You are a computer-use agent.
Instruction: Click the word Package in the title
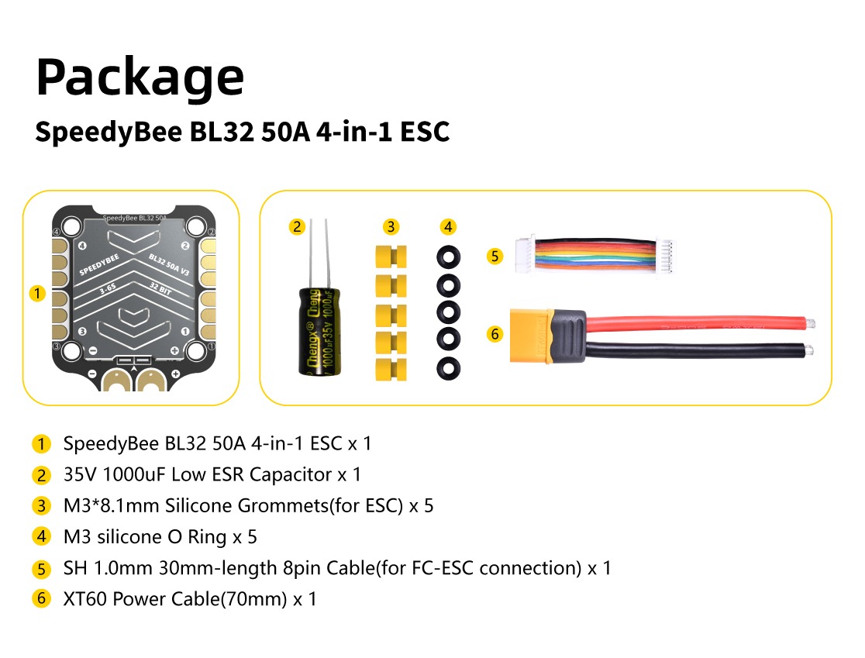coord(140,78)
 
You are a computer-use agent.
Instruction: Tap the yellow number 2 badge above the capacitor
coord(297,226)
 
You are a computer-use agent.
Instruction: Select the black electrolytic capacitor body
coord(319,332)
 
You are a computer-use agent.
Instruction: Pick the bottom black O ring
coord(448,368)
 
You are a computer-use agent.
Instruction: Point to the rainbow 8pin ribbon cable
coord(594,255)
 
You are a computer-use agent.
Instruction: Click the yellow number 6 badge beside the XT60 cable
coord(495,334)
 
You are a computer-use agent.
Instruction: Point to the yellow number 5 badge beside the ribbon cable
coord(495,256)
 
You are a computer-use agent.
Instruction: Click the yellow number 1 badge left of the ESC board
coord(37,293)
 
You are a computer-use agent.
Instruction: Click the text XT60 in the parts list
coord(85,599)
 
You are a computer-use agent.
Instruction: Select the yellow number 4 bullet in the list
coord(41,536)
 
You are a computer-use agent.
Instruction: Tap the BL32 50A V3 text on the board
coord(169,265)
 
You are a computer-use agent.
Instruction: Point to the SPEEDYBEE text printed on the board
coord(99,265)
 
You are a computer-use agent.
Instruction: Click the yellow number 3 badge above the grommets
coord(391,226)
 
